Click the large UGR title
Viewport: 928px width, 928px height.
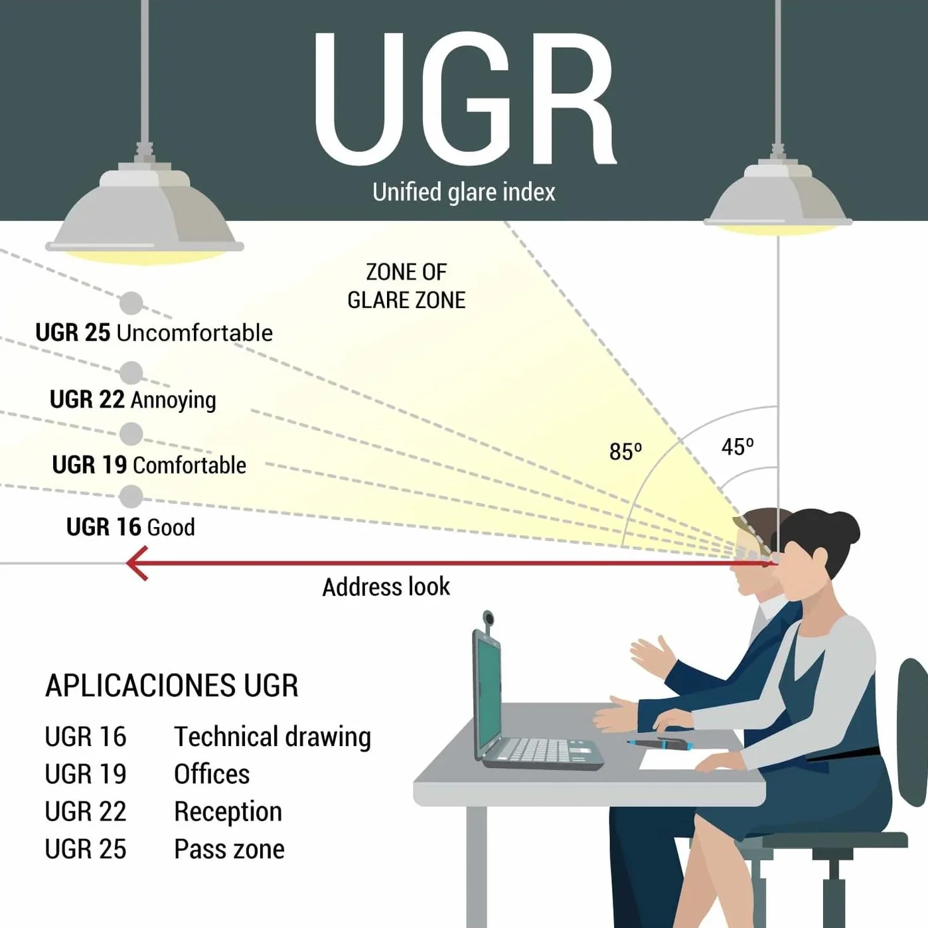(465, 99)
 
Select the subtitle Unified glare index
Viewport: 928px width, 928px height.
(464, 192)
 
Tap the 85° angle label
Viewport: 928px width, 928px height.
(625, 451)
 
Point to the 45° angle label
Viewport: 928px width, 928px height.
(737, 447)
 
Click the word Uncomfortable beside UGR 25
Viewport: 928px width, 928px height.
(194, 333)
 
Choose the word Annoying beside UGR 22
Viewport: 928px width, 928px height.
(173, 400)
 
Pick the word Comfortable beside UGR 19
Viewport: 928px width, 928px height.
(189, 465)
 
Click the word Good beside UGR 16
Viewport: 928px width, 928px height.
(171, 527)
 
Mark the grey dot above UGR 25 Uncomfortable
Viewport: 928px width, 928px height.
(131, 303)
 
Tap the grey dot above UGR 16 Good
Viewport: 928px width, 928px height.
(131, 497)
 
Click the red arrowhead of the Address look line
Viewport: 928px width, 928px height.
(136, 563)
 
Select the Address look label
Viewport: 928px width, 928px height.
(386, 587)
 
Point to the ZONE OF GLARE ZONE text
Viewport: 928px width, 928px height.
(406, 286)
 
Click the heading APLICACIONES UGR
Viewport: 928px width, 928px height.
(172, 685)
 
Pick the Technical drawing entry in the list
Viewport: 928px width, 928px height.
(273, 737)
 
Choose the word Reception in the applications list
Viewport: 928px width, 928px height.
(228, 812)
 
